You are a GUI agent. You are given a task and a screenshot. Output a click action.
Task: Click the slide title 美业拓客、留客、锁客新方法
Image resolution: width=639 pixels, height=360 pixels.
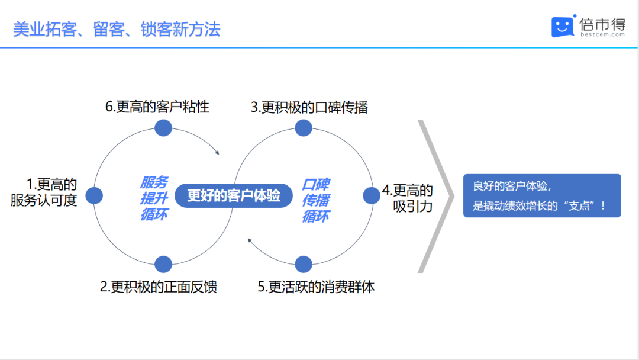(x=117, y=30)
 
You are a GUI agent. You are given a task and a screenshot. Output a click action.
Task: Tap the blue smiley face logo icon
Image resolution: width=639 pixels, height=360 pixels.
(x=563, y=27)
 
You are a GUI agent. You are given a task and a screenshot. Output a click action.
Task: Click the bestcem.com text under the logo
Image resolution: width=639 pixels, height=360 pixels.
(x=602, y=35)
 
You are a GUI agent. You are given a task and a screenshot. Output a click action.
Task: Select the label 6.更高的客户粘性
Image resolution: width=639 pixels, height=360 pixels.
(x=157, y=107)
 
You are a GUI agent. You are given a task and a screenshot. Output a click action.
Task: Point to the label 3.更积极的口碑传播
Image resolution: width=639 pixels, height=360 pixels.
(x=309, y=107)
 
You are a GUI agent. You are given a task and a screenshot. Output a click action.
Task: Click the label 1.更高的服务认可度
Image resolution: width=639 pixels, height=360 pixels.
(x=44, y=192)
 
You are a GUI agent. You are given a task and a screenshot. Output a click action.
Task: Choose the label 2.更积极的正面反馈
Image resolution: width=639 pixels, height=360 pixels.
(x=159, y=287)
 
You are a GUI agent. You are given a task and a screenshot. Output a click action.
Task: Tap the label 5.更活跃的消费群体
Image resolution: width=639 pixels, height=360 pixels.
(x=316, y=287)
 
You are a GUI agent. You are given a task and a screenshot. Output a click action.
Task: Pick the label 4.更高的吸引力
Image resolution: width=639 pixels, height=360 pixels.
(x=408, y=198)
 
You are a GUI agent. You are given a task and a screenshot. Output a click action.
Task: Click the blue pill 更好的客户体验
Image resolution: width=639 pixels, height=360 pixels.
(x=234, y=196)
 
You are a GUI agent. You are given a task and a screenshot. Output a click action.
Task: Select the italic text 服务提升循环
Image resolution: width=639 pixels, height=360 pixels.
(x=154, y=198)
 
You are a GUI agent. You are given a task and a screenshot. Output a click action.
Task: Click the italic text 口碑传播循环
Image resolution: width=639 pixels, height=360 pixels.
(x=316, y=200)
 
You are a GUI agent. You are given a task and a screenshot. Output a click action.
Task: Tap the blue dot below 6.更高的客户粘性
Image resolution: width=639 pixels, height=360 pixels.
(x=163, y=128)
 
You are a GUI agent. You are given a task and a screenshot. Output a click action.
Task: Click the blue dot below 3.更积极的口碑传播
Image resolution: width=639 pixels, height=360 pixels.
(x=304, y=128)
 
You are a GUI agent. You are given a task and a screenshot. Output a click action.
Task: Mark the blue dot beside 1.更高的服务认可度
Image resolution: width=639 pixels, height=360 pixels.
(x=94, y=196)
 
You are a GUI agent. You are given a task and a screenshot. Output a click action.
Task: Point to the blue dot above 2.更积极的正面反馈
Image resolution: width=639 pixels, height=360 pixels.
(x=163, y=264)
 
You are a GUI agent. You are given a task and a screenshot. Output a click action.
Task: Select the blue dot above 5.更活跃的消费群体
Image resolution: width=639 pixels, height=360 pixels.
(x=304, y=264)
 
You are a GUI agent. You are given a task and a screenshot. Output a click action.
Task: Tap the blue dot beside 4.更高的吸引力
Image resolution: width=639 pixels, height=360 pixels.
(x=371, y=196)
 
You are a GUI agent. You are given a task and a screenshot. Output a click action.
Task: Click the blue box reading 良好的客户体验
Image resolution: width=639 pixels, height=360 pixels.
(x=542, y=196)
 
